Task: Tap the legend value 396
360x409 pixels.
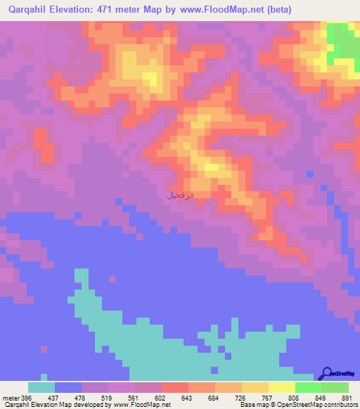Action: point(27,398)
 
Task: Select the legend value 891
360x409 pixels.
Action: point(346,398)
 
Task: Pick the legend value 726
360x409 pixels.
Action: point(241,398)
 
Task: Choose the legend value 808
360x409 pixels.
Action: point(295,398)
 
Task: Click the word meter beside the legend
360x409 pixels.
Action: point(10,398)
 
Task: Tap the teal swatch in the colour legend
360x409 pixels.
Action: point(41,388)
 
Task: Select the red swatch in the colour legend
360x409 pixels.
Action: point(175,388)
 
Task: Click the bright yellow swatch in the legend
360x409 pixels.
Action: point(282,388)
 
